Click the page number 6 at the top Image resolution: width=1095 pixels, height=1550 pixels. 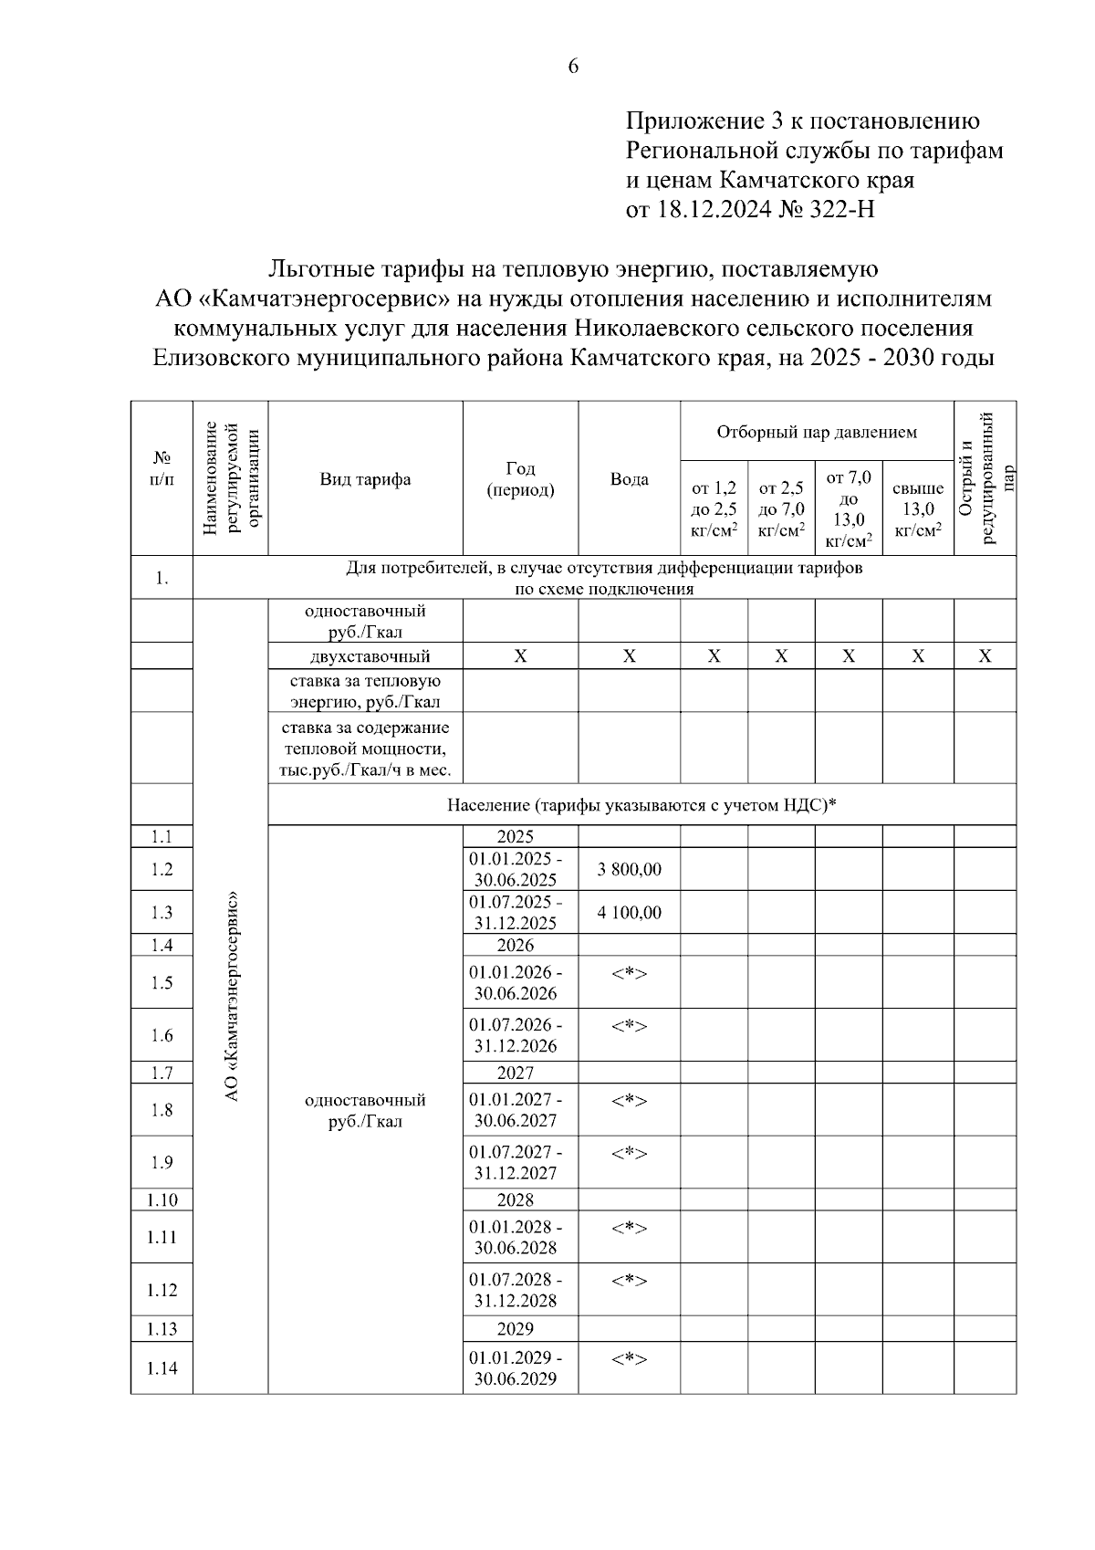click(573, 66)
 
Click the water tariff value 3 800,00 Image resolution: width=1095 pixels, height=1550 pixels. click(629, 869)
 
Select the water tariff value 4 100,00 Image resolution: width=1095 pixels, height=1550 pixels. click(629, 912)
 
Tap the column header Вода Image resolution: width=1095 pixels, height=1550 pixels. click(629, 479)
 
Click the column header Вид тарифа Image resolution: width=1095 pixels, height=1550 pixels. click(365, 479)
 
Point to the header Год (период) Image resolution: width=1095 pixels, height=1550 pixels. click(520, 479)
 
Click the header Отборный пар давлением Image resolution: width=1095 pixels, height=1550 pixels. click(817, 432)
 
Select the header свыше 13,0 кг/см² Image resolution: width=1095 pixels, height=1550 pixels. click(917, 509)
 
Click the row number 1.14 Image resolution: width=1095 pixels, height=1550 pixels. click(162, 1367)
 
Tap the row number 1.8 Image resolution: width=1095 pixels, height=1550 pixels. click(162, 1110)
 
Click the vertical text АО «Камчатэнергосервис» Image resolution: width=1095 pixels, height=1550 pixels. click(232, 995)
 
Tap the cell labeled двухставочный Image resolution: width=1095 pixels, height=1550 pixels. click(365, 656)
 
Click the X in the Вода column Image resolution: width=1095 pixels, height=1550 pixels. click(629, 656)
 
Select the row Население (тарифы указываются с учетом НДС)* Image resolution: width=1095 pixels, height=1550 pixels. click(641, 805)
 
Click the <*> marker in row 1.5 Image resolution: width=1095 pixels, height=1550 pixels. click(629, 973)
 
